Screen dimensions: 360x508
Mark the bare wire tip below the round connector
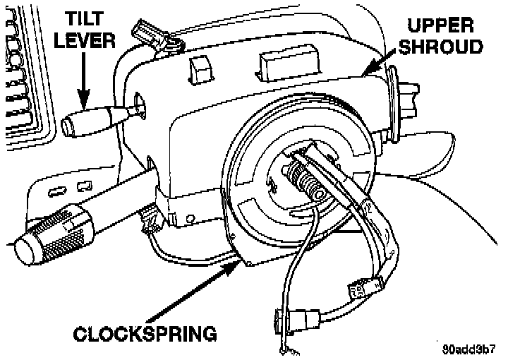coord(285,347)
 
